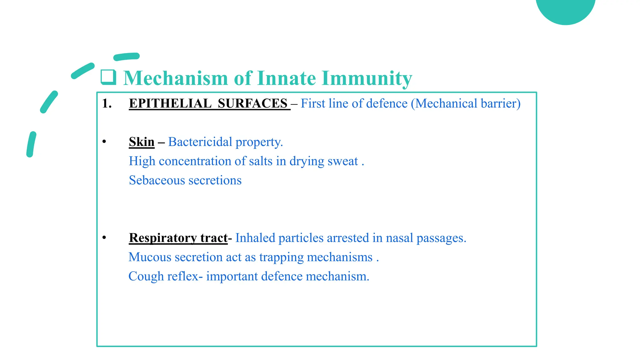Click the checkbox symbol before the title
tap(108, 77)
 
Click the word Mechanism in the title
tap(176, 78)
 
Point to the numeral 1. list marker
tap(107, 103)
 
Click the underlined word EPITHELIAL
tap(170, 103)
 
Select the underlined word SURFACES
tap(252, 103)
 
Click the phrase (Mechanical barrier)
tap(466, 103)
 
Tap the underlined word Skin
tap(142, 142)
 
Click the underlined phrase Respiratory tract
tap(178, 238)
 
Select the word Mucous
tap(150, 257)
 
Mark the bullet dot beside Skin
tap(104, 142)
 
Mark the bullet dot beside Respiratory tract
tap(104, 238)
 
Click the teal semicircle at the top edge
tap(566, 9)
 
